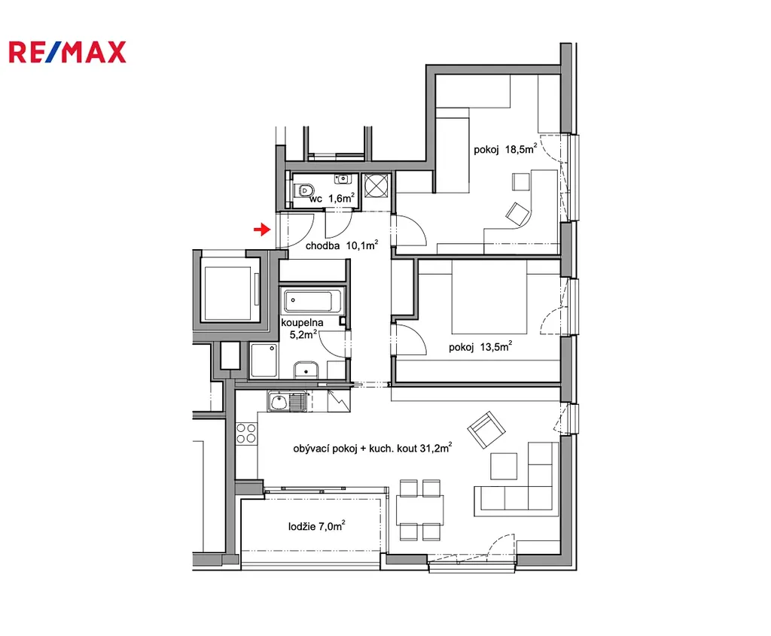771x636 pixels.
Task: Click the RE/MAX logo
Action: [x=67, y=53]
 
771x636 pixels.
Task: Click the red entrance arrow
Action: [x=262, y=230]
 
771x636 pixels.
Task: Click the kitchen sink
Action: [x=288, y=402]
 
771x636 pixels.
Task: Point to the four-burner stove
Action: [x=246, y=434]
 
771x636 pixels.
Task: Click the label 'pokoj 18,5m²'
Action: [x=505, y=149]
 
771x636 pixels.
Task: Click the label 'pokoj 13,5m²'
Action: [x=480, y=346]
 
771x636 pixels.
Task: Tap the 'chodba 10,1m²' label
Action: [x=342, y=245]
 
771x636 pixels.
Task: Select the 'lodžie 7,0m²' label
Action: [x=317, y=526]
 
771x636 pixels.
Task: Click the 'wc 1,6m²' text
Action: [x=332, y=198]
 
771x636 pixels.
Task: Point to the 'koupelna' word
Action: [x=302, y=322]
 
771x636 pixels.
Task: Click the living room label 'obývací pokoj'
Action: [x=325, y=449]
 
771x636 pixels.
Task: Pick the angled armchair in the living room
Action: [x=486, y=430]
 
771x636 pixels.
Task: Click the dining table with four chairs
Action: [x=420, y=510]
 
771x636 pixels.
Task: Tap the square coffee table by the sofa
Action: [x=504, y=465]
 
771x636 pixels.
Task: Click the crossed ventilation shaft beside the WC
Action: [x=376, y=186]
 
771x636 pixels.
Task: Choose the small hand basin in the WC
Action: [x=343, y=178]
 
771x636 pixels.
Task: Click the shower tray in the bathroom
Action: [x=264, y=361]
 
